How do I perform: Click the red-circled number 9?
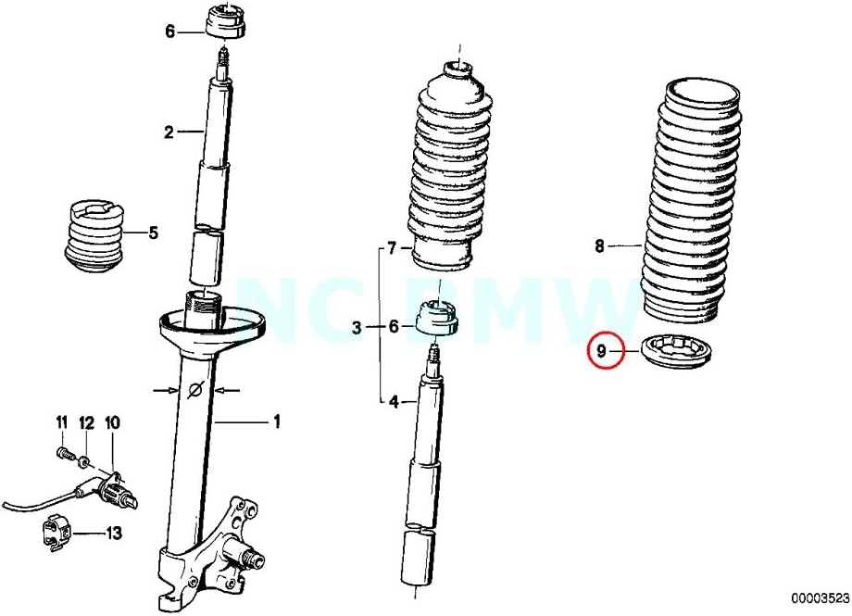pos(602,351)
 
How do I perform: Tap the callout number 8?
pos(599,246)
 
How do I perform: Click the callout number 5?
pos(153,233)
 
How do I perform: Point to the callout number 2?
pos(169,132)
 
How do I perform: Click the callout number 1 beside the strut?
pos(276,422)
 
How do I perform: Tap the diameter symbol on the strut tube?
pos(195,391)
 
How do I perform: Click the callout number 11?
pos(62,423)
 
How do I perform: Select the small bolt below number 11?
pos(64,456)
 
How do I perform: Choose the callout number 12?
pos(86,423)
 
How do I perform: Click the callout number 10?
pos(112,423)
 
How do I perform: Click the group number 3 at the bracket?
pos(357,326)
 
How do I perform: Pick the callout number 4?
pos(392,402)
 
